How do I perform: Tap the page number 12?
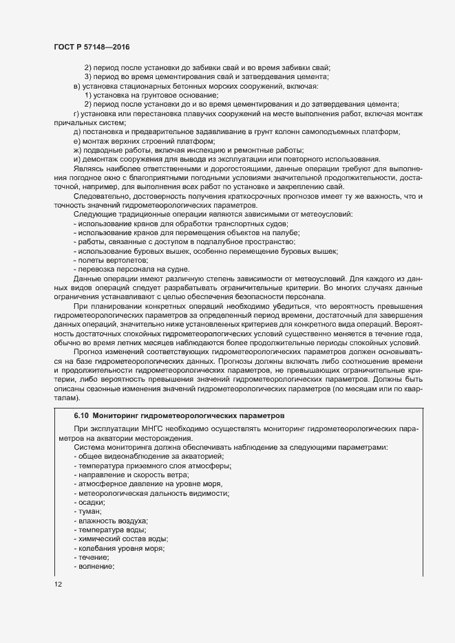pyautogui.click(x=58, y=585)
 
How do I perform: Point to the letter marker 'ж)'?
pyautogui.click(x=77, y=150)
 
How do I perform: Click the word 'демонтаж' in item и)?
pyautogui.click(x=100, y=159)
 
